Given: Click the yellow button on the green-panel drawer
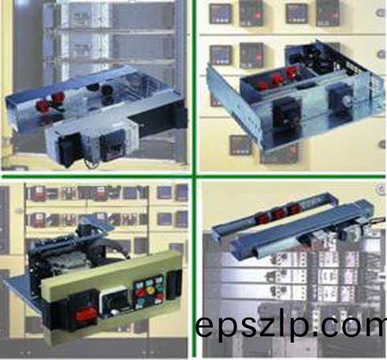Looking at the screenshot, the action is coord(151,290).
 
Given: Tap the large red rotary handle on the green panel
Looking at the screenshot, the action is coord(86,314).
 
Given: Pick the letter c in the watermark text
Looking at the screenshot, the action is coord(329,327).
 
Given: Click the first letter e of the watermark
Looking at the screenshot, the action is coord(207,327).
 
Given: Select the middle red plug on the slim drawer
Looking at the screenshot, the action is coord(278,213).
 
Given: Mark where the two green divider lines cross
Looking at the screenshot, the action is coord(194,176).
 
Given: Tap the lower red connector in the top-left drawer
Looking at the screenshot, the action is coord(43,106).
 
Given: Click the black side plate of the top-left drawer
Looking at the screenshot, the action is coord(159,124).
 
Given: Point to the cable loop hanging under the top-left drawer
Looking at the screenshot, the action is coord(91,163).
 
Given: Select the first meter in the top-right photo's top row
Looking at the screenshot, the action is coord(221,13).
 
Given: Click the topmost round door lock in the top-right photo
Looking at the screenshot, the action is coord(381,13).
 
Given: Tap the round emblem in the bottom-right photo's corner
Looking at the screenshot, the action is coord(380,190).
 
